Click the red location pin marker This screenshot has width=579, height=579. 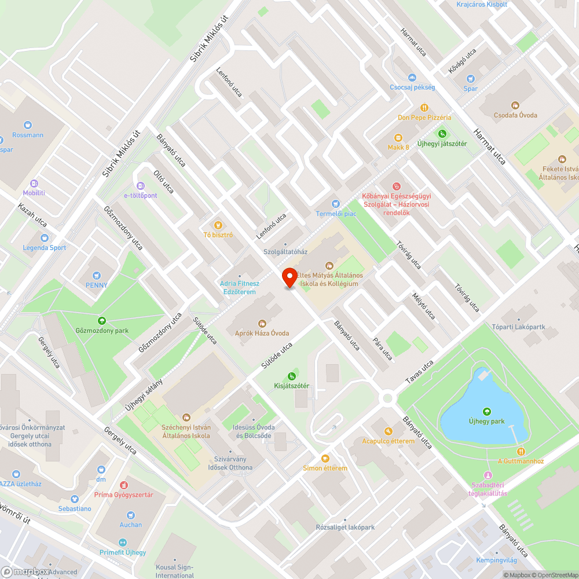[x=289, y=277]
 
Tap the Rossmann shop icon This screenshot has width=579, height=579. [x=28, y=124]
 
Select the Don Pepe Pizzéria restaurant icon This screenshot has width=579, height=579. [x=424, y=107]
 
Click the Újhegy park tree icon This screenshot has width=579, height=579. [x=486, y=411]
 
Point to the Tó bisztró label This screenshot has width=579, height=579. [x=218, y=235]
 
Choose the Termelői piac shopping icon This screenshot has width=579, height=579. [x=335, y=204]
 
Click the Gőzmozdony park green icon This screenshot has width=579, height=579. [x=102, y=320]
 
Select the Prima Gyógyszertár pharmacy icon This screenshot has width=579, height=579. [x=123, y=485]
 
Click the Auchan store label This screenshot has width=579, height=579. [x=131, y=525]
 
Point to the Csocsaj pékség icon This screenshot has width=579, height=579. [x=412, y=77]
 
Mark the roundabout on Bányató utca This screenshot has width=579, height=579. [x=387, y=398]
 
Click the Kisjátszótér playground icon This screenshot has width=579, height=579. [x=292, y=376]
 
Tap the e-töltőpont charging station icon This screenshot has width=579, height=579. [x=140, y=185]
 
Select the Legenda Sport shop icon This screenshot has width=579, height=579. [x=45, y=237]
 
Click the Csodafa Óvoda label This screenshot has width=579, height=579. [x=515, y=115]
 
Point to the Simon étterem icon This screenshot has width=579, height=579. [x=325, y=458]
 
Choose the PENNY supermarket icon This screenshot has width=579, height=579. [x=97, y=275]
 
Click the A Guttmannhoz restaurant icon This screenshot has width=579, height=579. [x=521, y=451]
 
